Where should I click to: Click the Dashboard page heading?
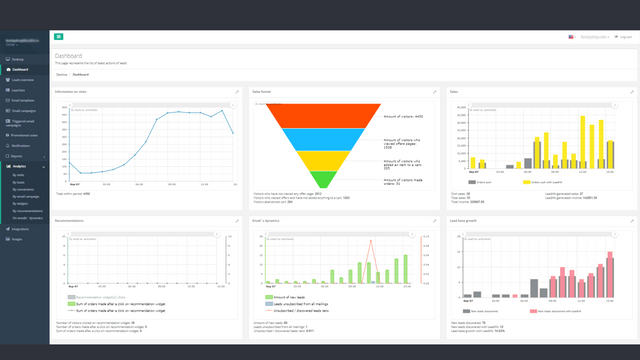pyautogui.click(x=69, y=56)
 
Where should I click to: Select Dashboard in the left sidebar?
pyautogui.click(x=20, y=69)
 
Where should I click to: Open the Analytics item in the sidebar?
pyautogui.click(x=21, y=165)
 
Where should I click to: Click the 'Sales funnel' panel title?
pyautogui.click(x=262, y=91)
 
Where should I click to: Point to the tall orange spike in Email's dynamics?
pyautogui.click(x=372, y=244)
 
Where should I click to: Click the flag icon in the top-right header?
pyautogui.click(x=570, y=36)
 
